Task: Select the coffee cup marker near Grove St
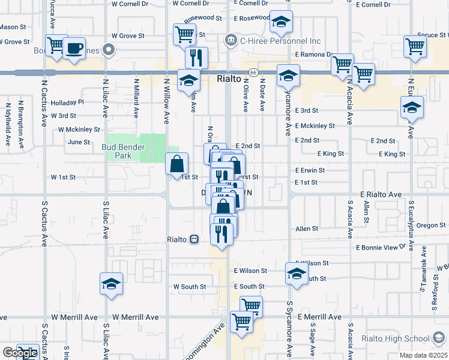(74, 49)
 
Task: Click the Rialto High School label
(401, 338)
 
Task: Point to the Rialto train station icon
(194, 239)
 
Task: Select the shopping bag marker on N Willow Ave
(177, 164)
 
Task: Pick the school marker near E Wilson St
(296, 274)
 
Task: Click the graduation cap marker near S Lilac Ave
(110, 283)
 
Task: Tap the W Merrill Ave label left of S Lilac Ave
(74, 317)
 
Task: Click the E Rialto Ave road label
(381, 194)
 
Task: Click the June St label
(79, 142)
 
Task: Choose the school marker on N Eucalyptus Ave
(412, 107)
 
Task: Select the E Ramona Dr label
(313, 54)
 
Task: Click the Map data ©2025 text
(424, 355)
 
